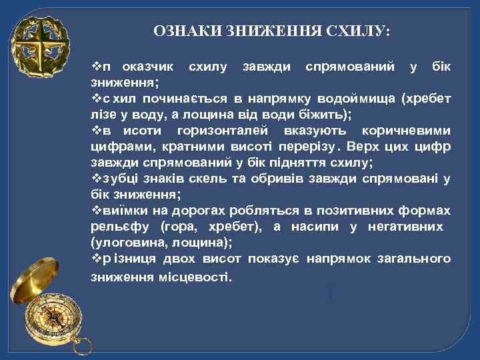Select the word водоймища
click(358, 99)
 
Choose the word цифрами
click(116, 147)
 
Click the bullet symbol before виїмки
click(95, 210)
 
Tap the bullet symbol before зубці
click(95, 178)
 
